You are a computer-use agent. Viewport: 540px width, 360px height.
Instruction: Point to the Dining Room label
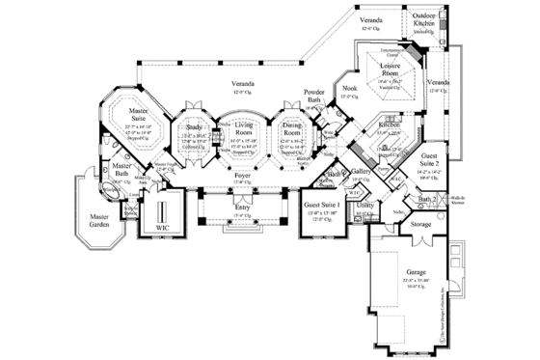pos(291,128)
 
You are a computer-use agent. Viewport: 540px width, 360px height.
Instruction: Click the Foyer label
pos(243,175)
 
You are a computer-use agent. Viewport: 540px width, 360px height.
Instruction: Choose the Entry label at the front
pos(244,208)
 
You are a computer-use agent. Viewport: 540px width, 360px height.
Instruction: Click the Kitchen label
pos(388,125)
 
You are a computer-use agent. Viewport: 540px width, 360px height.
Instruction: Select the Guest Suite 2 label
pos(429,160)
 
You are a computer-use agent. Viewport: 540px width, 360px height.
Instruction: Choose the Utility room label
pos(364,206)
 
